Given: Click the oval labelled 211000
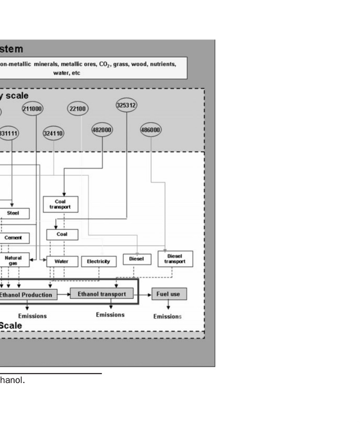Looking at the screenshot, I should (32, 109).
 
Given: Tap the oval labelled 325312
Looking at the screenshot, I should (126, 105).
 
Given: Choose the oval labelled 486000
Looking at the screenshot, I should (151, 130).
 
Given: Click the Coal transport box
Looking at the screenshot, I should (60, 204).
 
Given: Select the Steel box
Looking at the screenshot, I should (13, 213).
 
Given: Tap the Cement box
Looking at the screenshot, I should (13, 238).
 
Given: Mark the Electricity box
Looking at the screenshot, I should (99, 261).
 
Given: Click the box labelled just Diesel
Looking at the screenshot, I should (136, 258).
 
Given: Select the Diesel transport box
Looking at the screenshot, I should (174, 258).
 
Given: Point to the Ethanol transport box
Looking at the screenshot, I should (102, 294).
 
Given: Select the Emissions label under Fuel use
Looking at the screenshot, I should (167, 316).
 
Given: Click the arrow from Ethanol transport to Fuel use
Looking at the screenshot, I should (143, 294).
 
